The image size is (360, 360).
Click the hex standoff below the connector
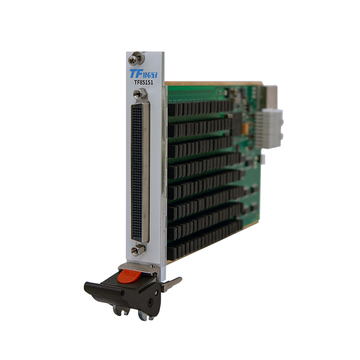point(136,251)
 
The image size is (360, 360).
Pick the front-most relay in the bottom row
point(173,252)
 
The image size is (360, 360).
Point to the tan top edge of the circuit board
point(211,83)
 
